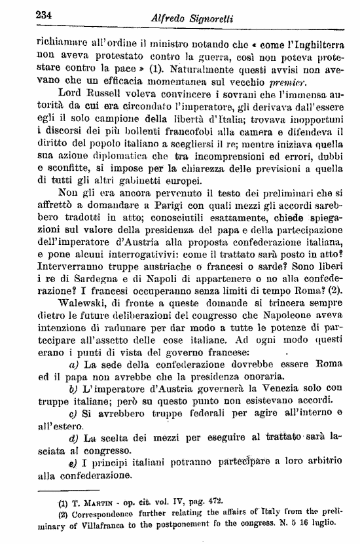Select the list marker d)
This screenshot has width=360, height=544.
tap(74, 439)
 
